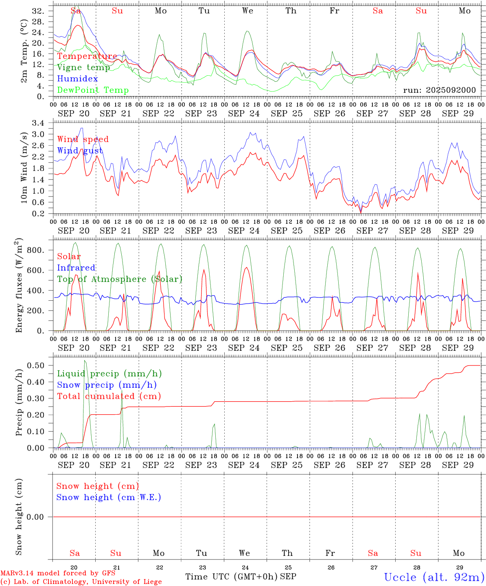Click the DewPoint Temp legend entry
coord(93,90)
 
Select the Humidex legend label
coord(77,79)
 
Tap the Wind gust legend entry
coord(80,151)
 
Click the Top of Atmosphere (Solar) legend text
coord(119,279)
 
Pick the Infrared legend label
coord(76,268)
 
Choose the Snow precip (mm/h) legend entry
coord(107,385)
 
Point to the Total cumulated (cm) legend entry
coord(109,396)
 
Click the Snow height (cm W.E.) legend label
coord(108,497)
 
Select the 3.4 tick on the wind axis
coord(43,122)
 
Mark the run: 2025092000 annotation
coord(439,90)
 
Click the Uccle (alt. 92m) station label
coord(434,577)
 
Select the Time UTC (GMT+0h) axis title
coord(231,577)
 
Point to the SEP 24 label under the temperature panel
coord(244,114)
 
